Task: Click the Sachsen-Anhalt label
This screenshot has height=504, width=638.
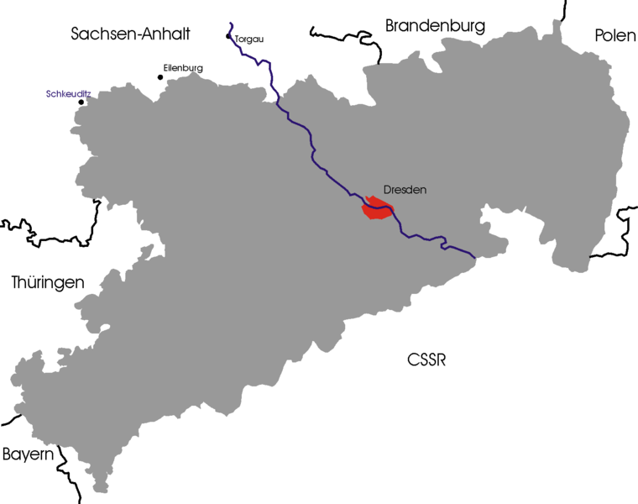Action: click(131, 34)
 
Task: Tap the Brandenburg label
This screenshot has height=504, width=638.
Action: click(435, 26)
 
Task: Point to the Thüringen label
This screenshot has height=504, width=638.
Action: click(48, 283)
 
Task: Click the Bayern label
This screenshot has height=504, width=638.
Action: click(28, 454)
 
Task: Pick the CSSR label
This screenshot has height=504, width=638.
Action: click(426, 360)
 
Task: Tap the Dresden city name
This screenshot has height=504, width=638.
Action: click(405, 190)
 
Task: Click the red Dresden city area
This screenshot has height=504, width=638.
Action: click(375, 209)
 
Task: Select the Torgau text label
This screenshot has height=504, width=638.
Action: click(250, 39)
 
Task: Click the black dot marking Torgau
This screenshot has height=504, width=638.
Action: click(229, 36)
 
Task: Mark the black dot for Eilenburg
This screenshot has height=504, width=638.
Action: click(160, 77)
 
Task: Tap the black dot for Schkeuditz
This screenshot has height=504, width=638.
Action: click(81, 102)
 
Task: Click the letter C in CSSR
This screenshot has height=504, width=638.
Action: click(412, 360)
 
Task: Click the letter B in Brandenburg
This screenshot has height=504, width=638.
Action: click(390, 26)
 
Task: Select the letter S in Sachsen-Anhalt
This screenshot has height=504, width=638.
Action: click(76, 34)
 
